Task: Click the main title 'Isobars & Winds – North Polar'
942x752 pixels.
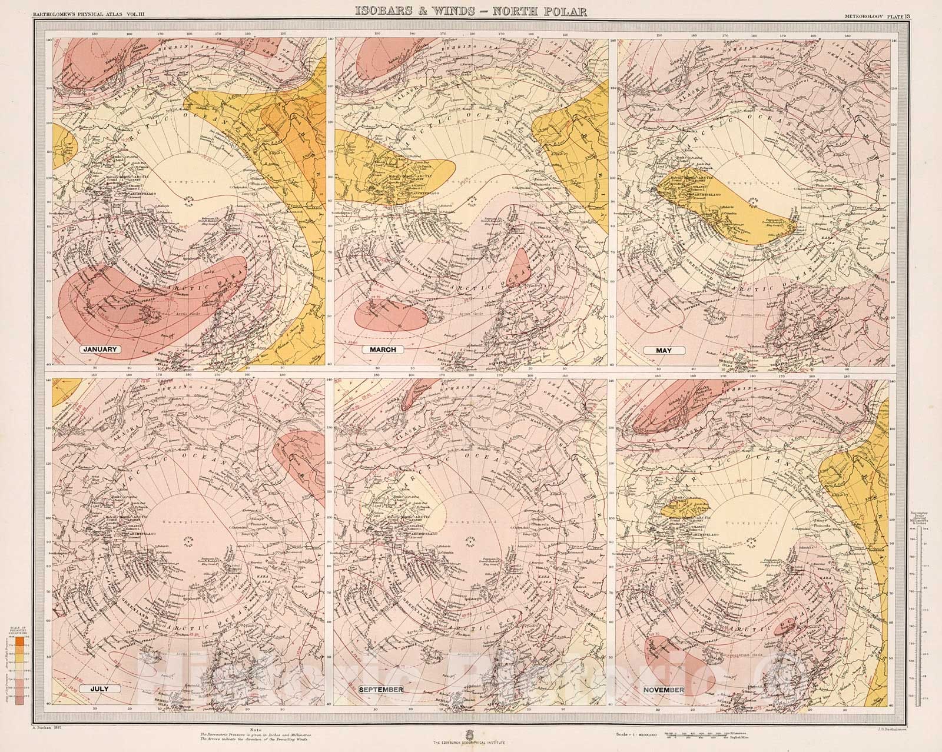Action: click(471, 10)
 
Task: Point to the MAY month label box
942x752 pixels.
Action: click(664, 350)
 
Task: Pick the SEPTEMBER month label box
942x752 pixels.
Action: click(382, 689)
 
